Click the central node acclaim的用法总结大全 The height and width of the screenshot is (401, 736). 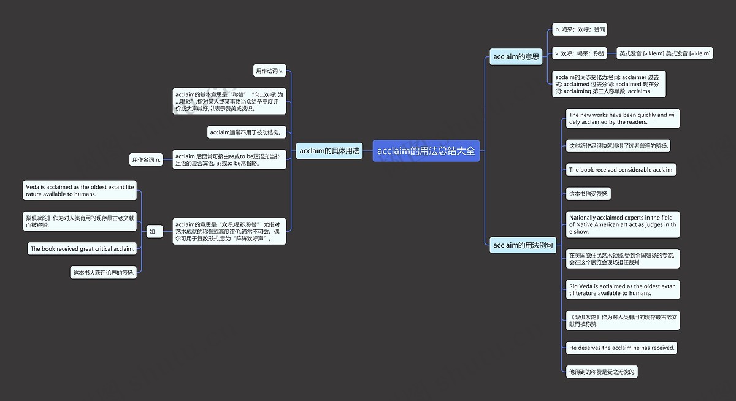(x=426, y=151)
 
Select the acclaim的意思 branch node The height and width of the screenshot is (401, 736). (x=516, y=57)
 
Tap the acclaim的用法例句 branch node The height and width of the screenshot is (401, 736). (x=523, y=245)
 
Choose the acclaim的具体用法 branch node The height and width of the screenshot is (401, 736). (x=329, y=151)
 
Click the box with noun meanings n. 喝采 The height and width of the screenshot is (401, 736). (x=580, y=29)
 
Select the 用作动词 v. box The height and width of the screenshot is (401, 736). (x=270, y=71)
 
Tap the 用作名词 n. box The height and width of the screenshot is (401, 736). (x=146, y=160)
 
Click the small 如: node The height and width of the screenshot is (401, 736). (x=153, y=231)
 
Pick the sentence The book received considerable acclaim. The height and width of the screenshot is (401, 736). (x=621, y=170)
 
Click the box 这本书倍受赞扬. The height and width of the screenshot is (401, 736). (x=588, y=194)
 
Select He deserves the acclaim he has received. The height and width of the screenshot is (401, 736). (x=621, y=348)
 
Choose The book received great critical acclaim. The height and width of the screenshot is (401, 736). (x=82, y=249)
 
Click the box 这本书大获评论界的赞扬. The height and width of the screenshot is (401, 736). (x=103, y=273)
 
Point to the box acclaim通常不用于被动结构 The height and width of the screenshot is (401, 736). (x=247, y=132)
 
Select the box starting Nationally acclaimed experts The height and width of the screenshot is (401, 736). (x=622, y=224)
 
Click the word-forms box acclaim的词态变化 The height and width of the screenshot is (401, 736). (x=608, y=84)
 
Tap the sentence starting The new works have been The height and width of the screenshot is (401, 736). (x=622, y=118)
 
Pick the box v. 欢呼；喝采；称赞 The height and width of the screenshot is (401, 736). (x=579, y=53)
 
